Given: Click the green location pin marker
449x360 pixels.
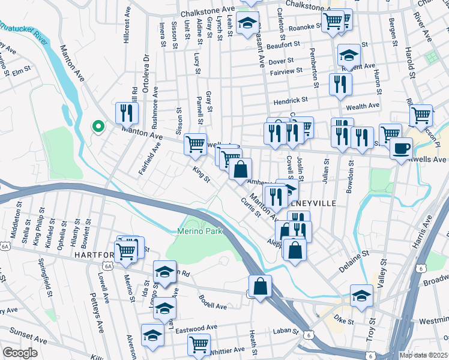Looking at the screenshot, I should (97, 127).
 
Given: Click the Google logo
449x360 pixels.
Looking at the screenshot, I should (20, 353).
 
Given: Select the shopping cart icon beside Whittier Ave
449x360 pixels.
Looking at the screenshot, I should (199, 344).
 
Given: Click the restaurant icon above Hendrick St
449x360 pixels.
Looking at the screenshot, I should (340, 83).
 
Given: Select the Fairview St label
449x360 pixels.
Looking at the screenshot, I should (286, 71).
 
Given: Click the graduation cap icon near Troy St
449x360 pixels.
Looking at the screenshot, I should (361, 296).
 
